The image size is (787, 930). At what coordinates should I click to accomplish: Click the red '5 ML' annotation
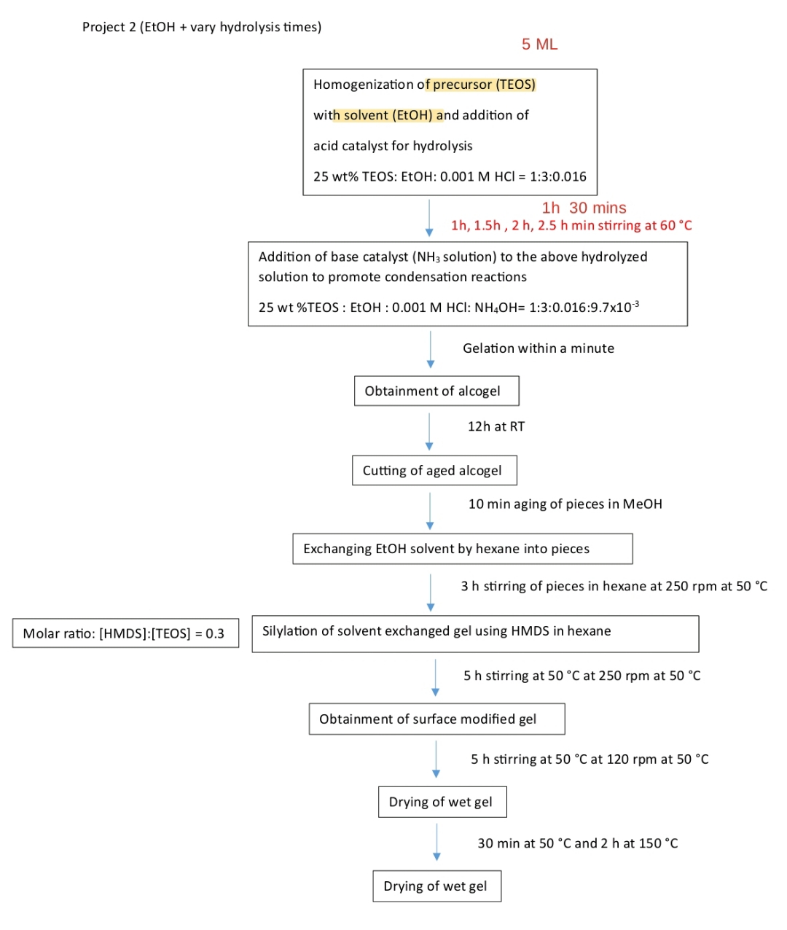point(539,44)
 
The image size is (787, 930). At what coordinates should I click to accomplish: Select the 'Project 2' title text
point(201,27)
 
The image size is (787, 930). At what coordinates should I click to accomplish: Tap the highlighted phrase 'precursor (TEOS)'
point(484,85)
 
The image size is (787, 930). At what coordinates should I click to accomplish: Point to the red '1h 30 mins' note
point(584,208)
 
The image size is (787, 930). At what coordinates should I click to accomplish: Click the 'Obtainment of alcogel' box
point(436,391)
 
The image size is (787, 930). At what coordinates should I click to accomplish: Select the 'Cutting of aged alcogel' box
point(434,470)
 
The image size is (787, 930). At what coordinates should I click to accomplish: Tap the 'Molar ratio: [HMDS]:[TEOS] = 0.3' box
point(125,633)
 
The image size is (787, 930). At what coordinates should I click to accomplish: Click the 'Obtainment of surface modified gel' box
point(436,719)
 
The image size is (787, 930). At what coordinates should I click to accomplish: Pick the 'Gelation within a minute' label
point(538,348)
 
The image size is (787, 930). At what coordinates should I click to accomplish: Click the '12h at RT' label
point(496,426)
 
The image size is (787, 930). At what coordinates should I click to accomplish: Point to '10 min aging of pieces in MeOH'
point(565,504)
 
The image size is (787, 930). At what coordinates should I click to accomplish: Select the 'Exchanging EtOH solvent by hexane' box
point(462,549)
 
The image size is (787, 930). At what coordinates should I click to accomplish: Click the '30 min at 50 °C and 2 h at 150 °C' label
point(577,843)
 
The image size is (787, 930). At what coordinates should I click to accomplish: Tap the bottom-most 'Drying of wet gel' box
point(436,886)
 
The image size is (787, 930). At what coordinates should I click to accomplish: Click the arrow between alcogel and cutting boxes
point(429,431)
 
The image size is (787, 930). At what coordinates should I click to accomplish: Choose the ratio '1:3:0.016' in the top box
point(557,176)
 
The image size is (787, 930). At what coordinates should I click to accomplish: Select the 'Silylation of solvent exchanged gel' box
point(475,633)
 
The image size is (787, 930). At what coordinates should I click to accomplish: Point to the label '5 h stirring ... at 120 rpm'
point(589,759)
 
